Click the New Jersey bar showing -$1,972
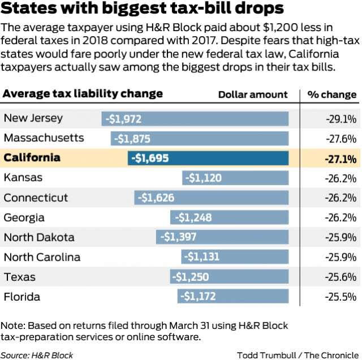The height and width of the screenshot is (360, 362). point(195,119)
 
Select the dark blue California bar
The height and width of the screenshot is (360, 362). point(208,158)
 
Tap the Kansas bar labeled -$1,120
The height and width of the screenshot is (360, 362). point(235,178)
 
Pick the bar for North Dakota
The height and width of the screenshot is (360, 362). point(222,237)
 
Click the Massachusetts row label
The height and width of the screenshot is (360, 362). point(44,138)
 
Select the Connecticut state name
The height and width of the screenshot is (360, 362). point(36,198)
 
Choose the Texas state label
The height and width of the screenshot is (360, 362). point(20,277)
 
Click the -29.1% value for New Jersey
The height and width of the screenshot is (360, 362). point(341,119)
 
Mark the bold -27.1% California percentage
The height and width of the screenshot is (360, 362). point(341,159)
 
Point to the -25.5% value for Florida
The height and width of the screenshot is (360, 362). point(341,297)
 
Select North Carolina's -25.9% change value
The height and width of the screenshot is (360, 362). point(341,257)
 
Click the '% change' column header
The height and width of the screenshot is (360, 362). point(332,94)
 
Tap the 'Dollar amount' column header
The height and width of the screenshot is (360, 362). point(253,94)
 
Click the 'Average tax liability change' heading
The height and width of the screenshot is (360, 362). point(83,93)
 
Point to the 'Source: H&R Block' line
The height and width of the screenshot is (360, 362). point(37,355)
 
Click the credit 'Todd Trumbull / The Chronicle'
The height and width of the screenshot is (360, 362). point(297,355)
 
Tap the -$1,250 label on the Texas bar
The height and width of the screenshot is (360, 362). point(192,277)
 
